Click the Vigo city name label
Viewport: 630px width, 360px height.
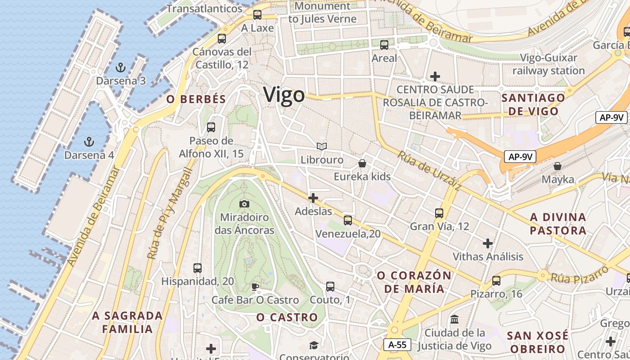284,95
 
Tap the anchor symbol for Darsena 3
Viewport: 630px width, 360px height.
120,68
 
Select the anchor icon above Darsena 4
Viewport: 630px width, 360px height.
89,142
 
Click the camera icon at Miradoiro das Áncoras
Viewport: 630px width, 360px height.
244,204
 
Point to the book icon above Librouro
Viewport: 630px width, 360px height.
322,146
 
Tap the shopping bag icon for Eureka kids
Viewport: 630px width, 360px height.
362,163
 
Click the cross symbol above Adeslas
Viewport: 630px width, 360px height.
313,198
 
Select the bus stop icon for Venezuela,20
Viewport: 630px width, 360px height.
348,220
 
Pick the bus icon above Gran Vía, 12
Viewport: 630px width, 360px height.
439,213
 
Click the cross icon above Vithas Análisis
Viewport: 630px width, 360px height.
488,243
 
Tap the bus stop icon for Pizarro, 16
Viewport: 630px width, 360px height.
496,280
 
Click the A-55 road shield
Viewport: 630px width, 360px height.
397,345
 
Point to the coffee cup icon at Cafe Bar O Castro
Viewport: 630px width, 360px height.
255,287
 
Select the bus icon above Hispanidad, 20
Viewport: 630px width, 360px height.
198,268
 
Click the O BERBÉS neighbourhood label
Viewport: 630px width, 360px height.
196,99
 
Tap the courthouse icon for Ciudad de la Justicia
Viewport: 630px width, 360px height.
454,319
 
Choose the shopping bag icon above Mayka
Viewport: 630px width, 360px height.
558,166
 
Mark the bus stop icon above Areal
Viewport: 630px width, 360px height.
384,45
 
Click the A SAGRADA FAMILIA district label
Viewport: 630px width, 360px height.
127,322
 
